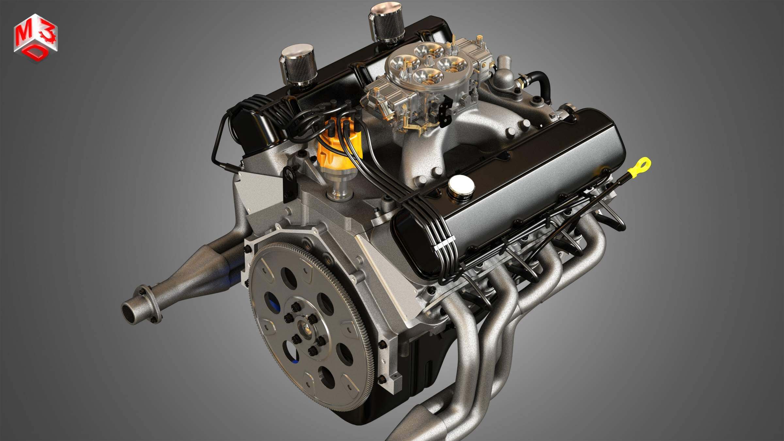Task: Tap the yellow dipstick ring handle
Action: coord(642,166)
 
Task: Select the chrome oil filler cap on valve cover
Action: coord(461,186)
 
